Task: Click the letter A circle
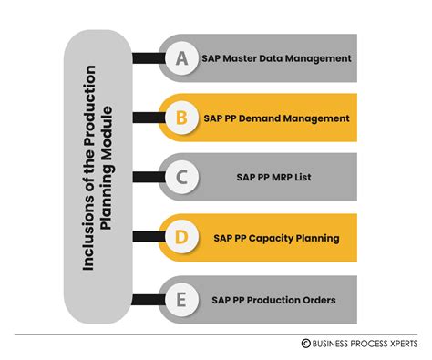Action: click(181, 58)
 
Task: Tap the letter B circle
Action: click(181, 118)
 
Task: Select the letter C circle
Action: click(181, 177)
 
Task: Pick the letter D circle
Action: click(181, 237)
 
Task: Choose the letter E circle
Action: click(181, 297)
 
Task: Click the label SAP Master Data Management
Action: click(276, 58)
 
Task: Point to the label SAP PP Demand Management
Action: click(276, 118)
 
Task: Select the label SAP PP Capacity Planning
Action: click(276, 238)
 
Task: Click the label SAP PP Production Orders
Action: click(276, 297)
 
